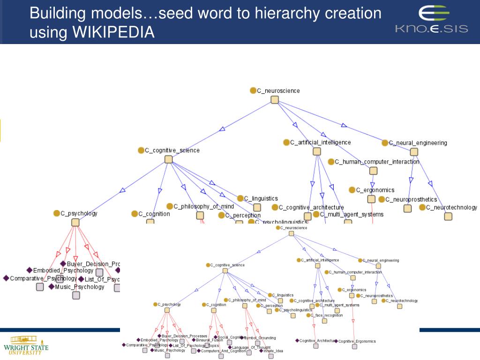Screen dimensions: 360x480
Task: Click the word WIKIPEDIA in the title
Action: click(x=113, y=32)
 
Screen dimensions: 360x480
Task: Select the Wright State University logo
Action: click(x=26, y=345)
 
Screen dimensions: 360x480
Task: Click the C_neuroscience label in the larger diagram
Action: click(x=278, y=91)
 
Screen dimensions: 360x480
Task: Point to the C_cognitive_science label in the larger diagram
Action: click(x=172, y=150)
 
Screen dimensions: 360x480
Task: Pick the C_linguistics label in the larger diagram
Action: click(x=261, y=199)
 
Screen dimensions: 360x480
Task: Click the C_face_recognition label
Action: click(x=326, y=315)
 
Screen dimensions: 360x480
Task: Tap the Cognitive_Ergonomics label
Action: click(x=357, y=341)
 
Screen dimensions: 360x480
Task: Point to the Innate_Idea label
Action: click(x=273, y=351)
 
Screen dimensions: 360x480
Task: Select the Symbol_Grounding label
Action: click(x=260, y=337)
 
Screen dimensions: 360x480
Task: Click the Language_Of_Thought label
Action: click(x=251, y=347)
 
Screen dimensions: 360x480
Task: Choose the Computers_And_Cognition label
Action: click(x=223, y=351)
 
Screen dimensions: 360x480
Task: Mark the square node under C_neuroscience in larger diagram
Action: click(x=275, y=100)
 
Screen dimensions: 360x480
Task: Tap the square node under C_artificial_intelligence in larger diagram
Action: click(x=317, y=151)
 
